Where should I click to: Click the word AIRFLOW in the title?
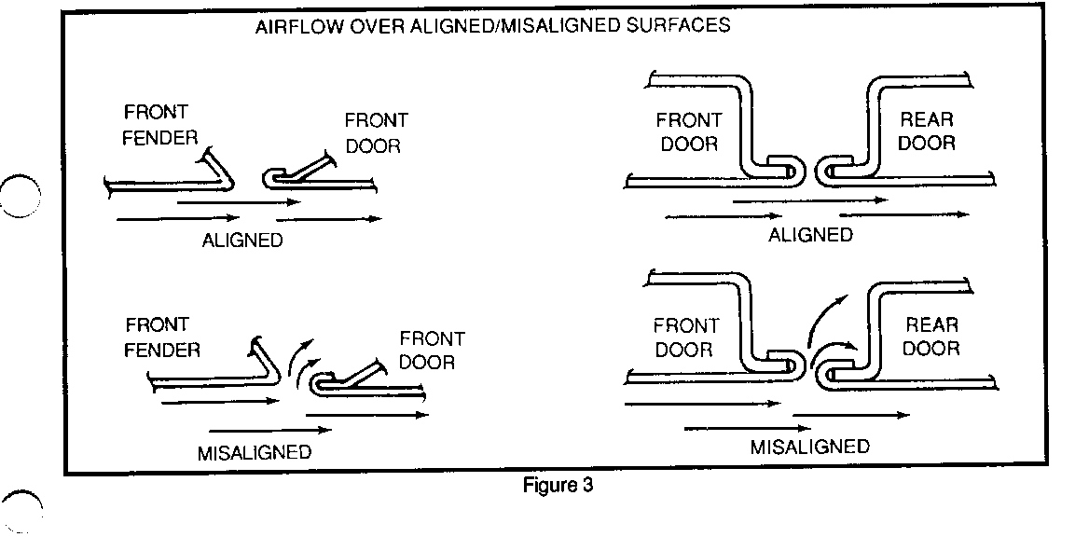[293, 26]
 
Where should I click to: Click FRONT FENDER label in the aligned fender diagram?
[161, 126]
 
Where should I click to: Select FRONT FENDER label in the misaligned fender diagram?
[163, 337]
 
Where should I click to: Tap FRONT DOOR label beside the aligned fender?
[376, 133]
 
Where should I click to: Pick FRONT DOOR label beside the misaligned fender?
[432, 350]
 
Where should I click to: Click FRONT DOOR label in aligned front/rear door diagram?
[688, 131]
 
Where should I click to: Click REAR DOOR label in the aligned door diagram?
[928, 131]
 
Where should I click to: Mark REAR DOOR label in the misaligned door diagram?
[931, 337]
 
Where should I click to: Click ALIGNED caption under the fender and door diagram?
[242, 241]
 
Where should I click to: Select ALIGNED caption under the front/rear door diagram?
[810, 235]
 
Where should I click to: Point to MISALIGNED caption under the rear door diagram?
[809, 447]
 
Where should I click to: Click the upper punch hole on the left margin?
[21, 196]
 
